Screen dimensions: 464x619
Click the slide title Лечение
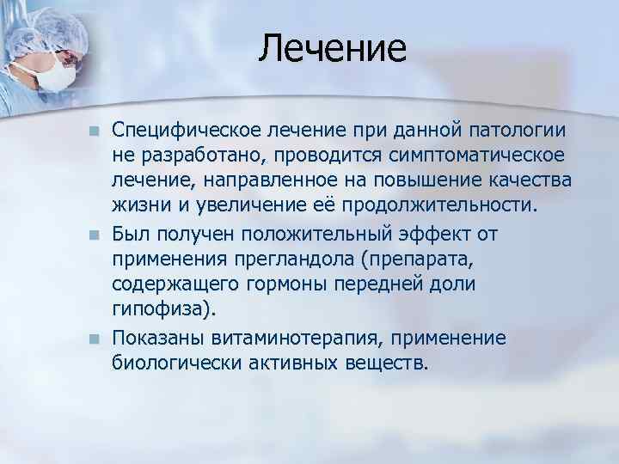click(332, 48)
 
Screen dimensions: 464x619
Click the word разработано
click(187, 157)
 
